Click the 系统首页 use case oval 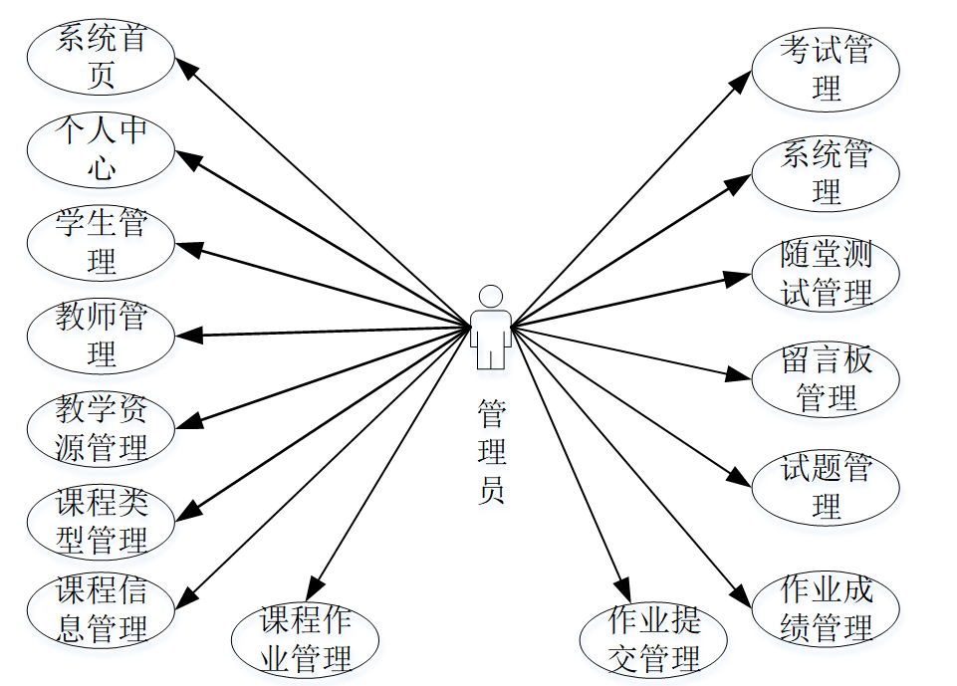(101, 59)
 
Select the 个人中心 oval (101, 150)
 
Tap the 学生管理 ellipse (101, 242)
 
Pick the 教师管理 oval (101, 336)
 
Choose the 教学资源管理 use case (101, 429)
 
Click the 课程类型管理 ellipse (101, 522)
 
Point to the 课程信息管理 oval (101, 609)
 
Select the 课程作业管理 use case (306, 640)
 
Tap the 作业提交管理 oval (654, 640)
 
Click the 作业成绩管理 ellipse (826, 607)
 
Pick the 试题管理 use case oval (826, 487)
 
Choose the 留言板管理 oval (826, 379)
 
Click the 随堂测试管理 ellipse (826, 273)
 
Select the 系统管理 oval (826, 173)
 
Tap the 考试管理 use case (826, 69)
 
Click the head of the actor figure (491, 297)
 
